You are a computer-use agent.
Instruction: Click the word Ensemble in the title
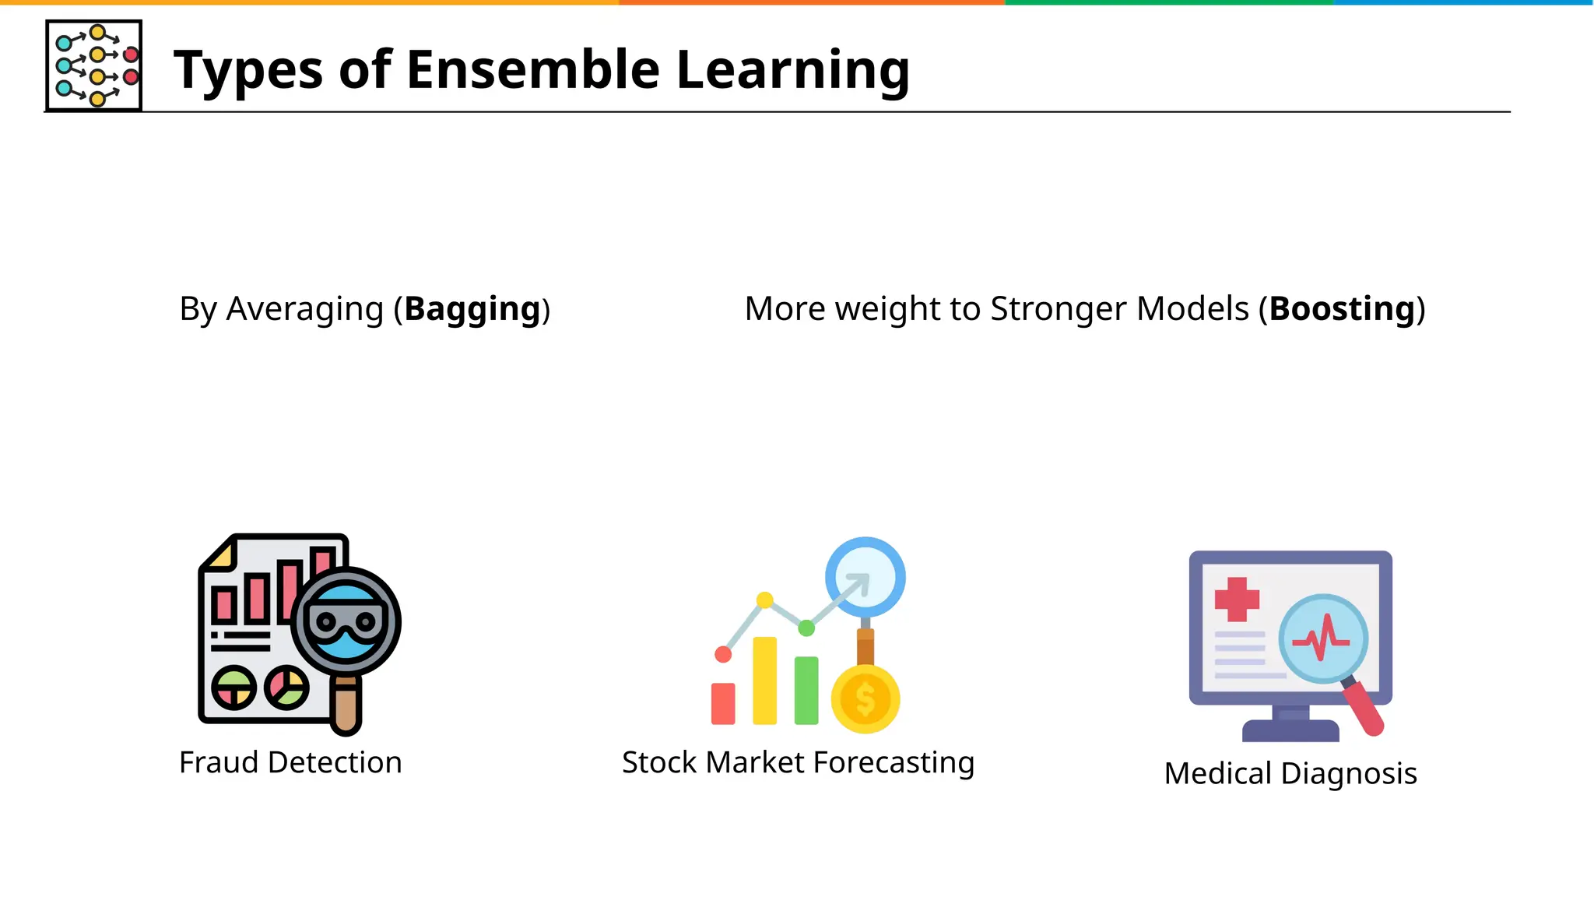pos(532,70)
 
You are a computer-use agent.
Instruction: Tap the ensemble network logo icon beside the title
pos(94,66)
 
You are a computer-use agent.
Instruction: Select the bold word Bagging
pos(472,310)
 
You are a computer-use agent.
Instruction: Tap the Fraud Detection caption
pos(290,762)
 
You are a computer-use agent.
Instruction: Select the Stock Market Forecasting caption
pos(798,762)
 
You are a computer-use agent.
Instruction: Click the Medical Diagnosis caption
pos(1290,773)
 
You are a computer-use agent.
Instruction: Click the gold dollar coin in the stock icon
pos(865,698)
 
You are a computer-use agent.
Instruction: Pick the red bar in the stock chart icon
pos(723,703)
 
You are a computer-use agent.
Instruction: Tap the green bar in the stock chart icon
pos(806,690)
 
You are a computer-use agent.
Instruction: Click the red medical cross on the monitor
pos(1237,599)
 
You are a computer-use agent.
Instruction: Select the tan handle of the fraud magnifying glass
pos(346,706)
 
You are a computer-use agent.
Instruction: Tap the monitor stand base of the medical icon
pos(1290,730)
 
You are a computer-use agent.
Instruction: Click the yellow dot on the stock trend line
pos(765,600)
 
